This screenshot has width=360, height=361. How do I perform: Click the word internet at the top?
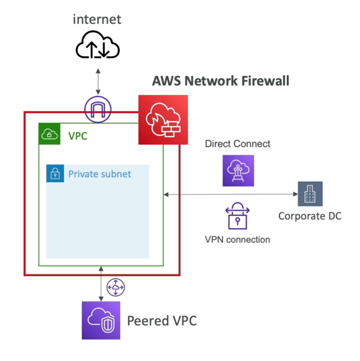coord(97,20)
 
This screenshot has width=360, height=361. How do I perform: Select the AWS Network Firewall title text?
coord(221,81)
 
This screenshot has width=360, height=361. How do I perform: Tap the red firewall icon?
coord(163,119)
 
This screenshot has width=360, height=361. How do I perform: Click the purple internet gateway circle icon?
coord(98,109)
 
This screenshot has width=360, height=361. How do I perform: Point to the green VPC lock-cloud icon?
coord(50,134)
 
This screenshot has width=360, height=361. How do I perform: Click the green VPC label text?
coord(78,135)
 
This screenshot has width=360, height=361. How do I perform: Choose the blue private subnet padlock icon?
coord(55,173)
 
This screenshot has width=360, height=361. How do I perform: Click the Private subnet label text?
coord(100,174)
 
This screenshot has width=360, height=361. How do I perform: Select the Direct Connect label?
coord(238,144)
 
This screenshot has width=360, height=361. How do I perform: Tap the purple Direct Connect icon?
coord(238,170)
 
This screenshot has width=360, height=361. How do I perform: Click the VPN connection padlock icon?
coord(238,216)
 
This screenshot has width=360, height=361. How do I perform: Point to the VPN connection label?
coord(238,240)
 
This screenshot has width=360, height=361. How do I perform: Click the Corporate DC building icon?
coord(310,194)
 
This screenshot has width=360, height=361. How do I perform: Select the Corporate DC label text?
coord(310,216)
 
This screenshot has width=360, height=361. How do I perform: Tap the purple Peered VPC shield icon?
coord(101,320)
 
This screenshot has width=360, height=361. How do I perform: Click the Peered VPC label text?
coord(162,321)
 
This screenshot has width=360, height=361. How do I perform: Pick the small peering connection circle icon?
coord(116,287)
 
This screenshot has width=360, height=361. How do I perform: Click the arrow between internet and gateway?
coord(98,82)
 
